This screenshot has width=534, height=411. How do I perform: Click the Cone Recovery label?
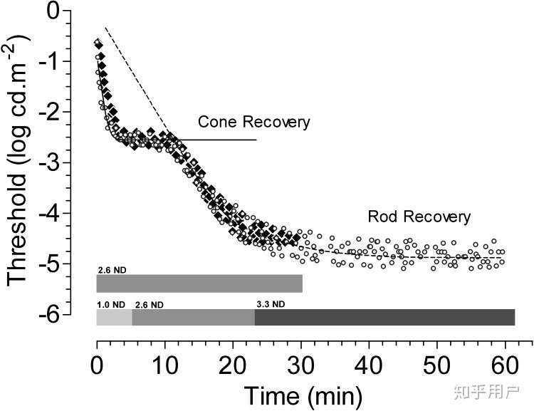click(x=253, y=122)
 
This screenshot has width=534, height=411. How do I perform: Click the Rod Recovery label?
click(x=419, y=217)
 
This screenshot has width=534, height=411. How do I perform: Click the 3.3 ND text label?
click(x=271, y=304)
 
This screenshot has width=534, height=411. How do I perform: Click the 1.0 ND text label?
click(x=110, y=304)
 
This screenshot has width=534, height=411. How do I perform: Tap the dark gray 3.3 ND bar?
click(x=384, y=317)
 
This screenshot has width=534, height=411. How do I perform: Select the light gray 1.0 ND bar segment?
click(x=114, y=317)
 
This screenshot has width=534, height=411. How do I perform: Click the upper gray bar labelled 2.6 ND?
click(x=199, y=283)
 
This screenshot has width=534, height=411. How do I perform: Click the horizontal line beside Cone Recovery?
click(x=221, y=140)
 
